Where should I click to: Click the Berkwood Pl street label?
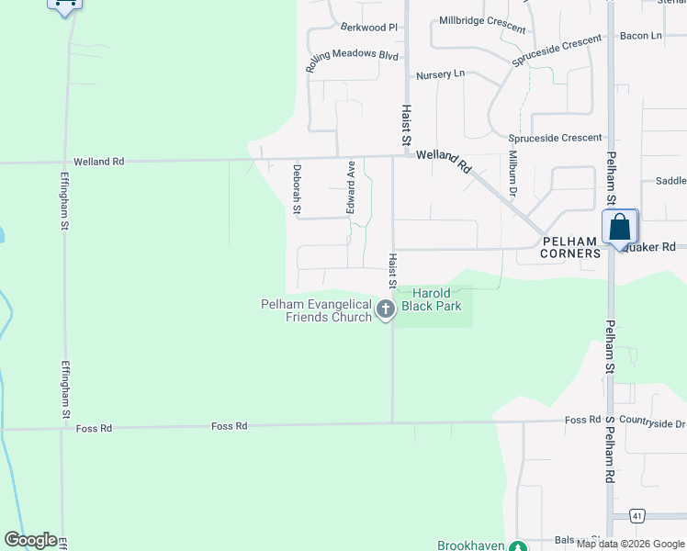click(368, 28)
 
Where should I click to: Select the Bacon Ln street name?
click(640, 36)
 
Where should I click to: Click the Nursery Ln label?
click(440, 74)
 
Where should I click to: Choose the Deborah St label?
click(297, 188)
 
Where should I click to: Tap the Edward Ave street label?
click(350, 187)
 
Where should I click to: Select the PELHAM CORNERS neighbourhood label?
click(570, 247)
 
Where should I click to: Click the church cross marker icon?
click(386, 310)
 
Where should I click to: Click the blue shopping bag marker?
click(620, 227)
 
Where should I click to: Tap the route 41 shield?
click(636, 515)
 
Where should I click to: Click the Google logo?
click(30, 540)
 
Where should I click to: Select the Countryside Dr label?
click(652, 423)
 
